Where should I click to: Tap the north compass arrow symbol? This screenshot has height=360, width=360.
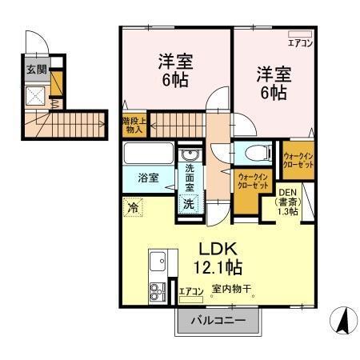pyautogui.click(x=344, y=322)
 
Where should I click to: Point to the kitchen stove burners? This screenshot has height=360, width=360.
pyautogui.click(x=156, y=291)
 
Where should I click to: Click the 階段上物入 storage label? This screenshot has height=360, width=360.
pyautogui.click(x=133, y=124)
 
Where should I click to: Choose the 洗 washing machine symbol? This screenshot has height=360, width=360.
pyautogui.click(x=188, y=203)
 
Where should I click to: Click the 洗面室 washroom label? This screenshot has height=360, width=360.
pyautogui.click(x=190, y=177)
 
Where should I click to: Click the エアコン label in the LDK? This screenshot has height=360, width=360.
pyautogui.click(x=190, y=291)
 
